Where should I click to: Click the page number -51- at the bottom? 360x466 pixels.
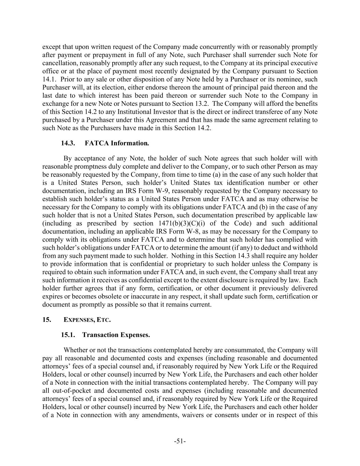pyautogui.click(x=180, y=441)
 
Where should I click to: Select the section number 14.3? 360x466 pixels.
pyautogui.click(x=68, y=143)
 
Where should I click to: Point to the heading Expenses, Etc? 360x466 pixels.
pyautogui.click(x=87, y=320)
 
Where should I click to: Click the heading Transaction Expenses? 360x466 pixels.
pyautogui.click(x=116, y=335)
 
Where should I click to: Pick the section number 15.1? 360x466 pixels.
pyautogui.click(x=68, y=335)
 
